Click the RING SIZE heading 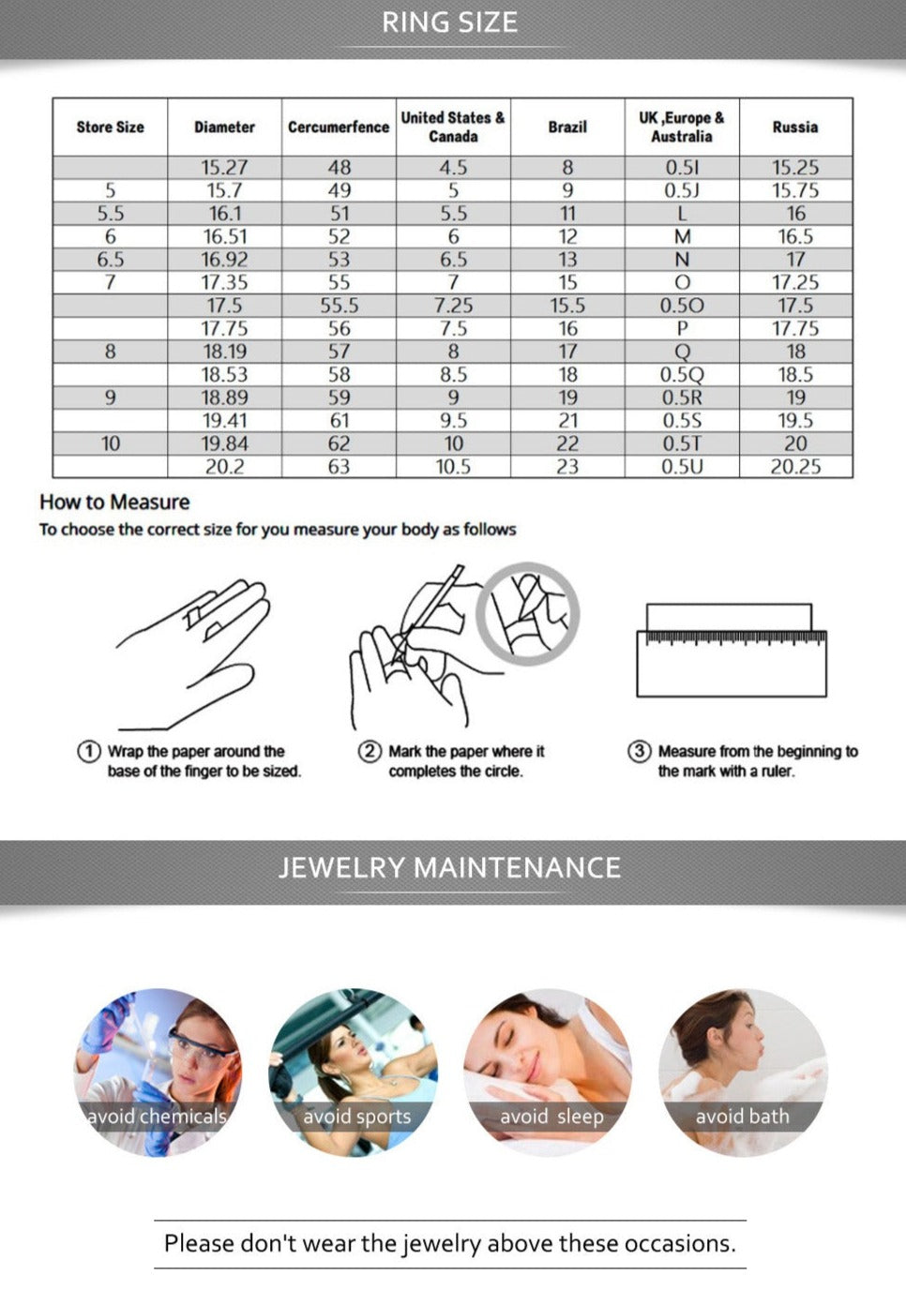point(450,22)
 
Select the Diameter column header point(224,127)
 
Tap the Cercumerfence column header point(339,127)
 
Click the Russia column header point(794,127)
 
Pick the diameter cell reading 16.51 point(224,236)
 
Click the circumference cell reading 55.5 point(340,306)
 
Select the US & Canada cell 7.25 point(453,306)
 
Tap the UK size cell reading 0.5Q point(682,375)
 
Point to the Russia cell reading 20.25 point(795,467)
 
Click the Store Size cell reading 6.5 point(110,260)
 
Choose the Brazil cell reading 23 point(567,467)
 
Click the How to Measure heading point(114,502)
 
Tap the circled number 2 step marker point(370,751)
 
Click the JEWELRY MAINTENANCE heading point(449,867)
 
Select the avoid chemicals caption point(157,1116)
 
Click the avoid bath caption point(743,1116)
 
